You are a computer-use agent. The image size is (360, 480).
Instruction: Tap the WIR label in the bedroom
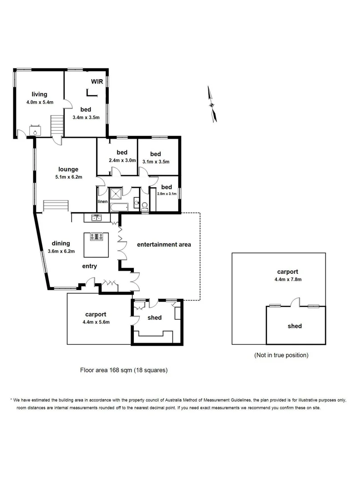(97, 81)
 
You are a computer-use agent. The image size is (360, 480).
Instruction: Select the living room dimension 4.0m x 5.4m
(40, 102)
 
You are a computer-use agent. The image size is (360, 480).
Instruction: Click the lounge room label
(68, 169)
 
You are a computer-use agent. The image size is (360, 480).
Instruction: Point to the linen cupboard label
(102, 202)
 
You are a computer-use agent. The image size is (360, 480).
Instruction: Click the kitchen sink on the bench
(96, 217)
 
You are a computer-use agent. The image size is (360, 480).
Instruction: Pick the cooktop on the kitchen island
(96, 236)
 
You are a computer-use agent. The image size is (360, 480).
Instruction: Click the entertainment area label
(164, 244)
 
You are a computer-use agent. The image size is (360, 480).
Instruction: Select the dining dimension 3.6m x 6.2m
(60, 251)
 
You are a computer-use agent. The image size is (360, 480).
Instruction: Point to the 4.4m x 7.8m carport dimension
(287, 280)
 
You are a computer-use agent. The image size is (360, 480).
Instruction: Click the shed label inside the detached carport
(294, 326)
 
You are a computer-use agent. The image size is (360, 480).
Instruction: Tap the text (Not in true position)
(281, 355)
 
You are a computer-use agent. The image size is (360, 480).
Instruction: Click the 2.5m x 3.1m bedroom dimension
(167, 194)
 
